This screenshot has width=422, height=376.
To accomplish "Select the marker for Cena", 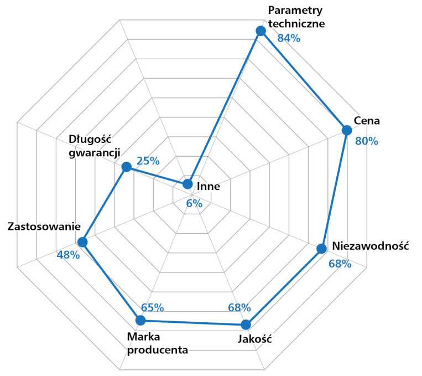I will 346,130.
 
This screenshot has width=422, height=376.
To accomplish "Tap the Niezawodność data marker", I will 321,249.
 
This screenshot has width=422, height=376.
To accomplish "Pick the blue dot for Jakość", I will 246,325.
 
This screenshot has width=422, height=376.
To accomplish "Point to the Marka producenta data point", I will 140,320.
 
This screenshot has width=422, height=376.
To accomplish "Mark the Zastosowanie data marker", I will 82,242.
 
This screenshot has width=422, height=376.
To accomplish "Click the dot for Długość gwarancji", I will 126,167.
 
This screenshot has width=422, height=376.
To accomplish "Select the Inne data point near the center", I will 187,184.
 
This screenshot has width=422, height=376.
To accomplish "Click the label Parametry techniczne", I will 295,17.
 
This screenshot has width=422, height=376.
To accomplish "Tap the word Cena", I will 367,121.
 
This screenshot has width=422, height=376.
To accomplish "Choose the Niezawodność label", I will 370,245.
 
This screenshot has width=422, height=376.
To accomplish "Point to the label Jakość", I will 255,339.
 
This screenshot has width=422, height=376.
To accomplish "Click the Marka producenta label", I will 157,343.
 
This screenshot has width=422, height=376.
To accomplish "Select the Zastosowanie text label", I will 44,227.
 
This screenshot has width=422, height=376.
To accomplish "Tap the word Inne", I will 209,187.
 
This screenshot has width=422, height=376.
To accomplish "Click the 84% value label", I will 289,38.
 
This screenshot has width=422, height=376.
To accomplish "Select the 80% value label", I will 366,141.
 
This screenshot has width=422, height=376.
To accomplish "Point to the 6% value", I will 194,203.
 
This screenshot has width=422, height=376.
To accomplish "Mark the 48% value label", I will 68,255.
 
